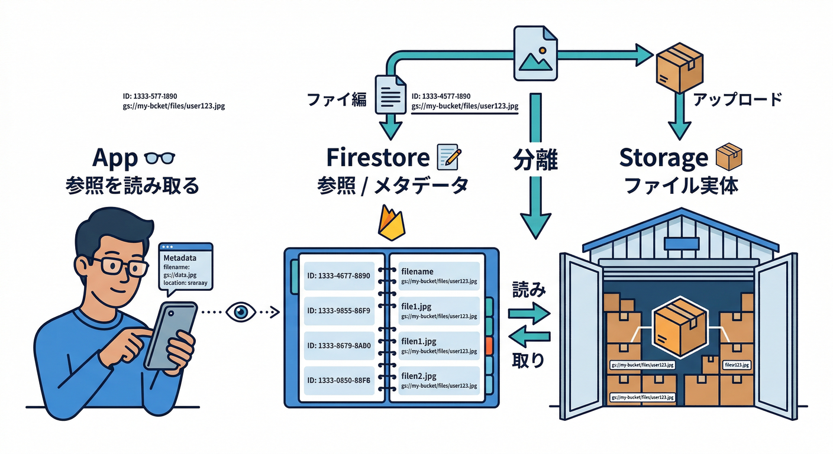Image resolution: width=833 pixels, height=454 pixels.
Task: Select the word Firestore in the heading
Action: tap(377, 158)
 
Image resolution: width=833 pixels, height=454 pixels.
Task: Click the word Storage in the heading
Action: tap(663, 158)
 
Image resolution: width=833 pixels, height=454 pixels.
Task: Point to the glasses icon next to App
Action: tap(160, 158)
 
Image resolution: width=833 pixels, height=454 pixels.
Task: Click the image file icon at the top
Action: tap(535, 55)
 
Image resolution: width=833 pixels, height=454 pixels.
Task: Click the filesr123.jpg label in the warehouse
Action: tap(737, 365)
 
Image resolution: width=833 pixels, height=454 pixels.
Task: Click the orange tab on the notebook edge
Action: tap(489, 345)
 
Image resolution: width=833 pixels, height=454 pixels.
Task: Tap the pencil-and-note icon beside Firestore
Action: tap(448, 157)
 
